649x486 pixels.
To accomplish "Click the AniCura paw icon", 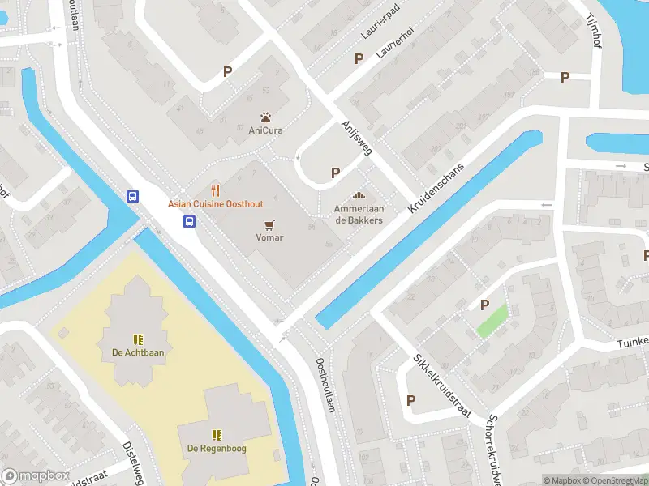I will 265,117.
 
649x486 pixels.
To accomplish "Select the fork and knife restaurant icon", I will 215,190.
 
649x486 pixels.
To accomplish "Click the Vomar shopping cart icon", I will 269,224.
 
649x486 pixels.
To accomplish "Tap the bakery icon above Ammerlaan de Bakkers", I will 359,195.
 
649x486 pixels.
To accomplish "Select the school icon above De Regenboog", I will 217,435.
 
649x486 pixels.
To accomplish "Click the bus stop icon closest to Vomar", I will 189,222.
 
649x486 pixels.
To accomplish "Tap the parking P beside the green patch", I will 485,305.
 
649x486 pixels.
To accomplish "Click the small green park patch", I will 492,321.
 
